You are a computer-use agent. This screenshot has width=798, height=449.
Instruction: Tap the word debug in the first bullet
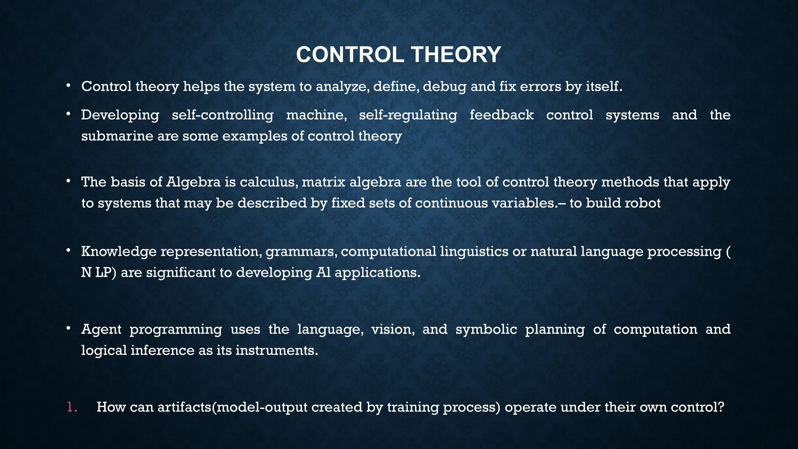pyautogui.click(x=445, y=87)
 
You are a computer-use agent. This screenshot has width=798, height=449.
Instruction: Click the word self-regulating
pyautogui.click(x=408, y=115)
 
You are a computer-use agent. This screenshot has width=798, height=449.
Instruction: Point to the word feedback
pyautogui.click(x=501, y=115)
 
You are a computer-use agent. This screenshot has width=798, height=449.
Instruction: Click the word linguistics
pyautogui.click(x=474, y=252)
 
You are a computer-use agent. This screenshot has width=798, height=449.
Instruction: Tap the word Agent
pyautogui.click(x=101, y=330)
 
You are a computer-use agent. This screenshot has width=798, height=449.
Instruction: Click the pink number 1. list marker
pyautogui.click(x=72, y=407)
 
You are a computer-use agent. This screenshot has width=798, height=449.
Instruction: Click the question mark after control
pyautogui.click(x=720, y=407)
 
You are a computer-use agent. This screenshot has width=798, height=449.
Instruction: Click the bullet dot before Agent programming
pyautogui.click(x=68, y=329)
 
